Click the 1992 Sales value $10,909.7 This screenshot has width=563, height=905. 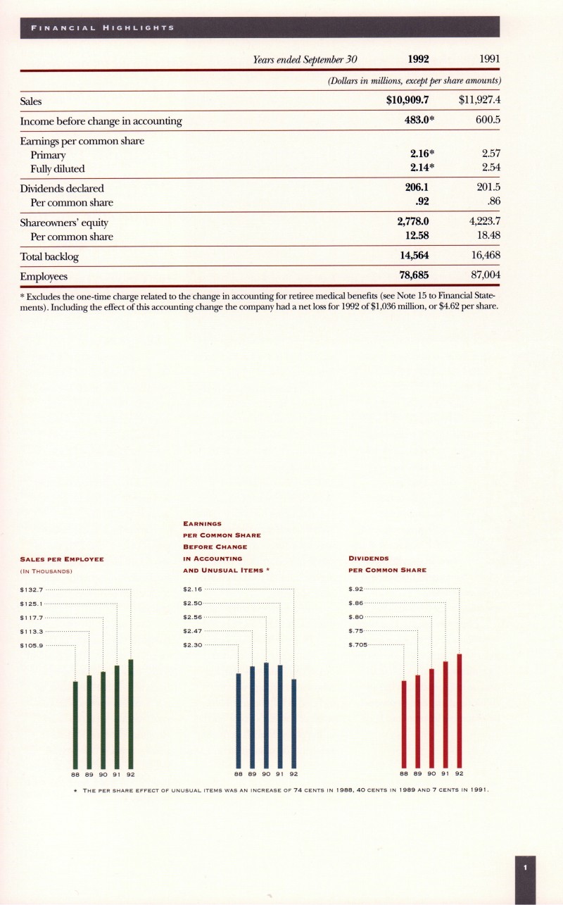click(x=408, y=101)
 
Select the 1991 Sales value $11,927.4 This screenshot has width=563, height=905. click(x=479, y=101)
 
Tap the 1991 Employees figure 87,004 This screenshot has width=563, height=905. click(x=481, y=275)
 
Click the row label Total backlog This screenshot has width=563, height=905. click(x=49, y=256)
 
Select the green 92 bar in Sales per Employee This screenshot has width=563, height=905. click(x=131, y=713)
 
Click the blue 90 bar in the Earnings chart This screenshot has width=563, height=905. click(x=266, y=715)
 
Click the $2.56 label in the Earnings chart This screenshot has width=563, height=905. click(x=193, y=617)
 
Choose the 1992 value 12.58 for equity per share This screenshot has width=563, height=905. click(x=414, y=236)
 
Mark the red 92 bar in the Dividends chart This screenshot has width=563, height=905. click(x=460, y=710)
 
